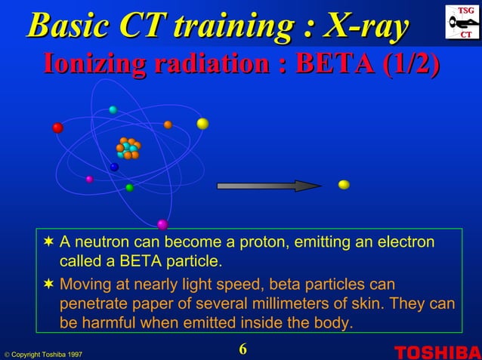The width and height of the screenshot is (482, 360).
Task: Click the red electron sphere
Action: point(57,128)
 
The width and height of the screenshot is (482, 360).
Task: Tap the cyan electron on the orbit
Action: point(113,110)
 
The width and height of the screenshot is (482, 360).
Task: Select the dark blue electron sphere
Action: point(114,167)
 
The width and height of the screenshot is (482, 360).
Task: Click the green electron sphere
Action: point(129,187)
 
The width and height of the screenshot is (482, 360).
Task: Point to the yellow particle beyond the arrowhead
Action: point(344,184)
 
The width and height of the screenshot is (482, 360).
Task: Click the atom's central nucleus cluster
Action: point(128,148)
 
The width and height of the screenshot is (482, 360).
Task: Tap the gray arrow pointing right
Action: point(268,186)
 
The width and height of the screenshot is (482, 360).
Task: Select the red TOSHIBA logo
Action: point(437,352)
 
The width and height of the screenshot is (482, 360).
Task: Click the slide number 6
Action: point(243,349)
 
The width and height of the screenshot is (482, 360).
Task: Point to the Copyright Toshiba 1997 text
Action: point(42,354)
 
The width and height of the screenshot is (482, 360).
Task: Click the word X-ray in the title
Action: point(367,25)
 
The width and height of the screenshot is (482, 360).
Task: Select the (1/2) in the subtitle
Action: point(411,63)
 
